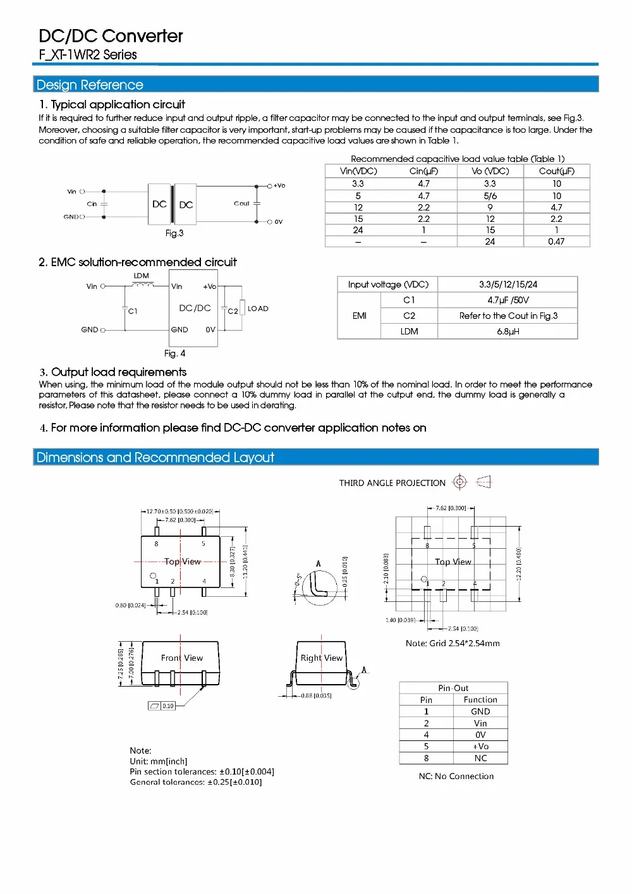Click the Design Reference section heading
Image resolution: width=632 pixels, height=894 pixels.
pyautogui.click(x=90, y=85)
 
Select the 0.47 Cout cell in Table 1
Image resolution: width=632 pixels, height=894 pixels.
pyautogui.click(x=556, y=242)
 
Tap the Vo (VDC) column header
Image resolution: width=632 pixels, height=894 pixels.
pyautogui.click(x=490, y=171)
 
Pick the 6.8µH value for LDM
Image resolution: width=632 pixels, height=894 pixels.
pyautogui.click(x=507, y=331)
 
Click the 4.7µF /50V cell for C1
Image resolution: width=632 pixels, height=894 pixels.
pyautogui.click(x=507, y=300)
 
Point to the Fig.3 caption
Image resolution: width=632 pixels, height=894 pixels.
pyautogui.click(x=174, y=233)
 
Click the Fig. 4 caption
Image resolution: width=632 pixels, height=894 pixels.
pyautogui.click(x=174, y=353)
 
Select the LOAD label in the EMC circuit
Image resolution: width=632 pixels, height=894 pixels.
pyautogui.click(x=258, y=309)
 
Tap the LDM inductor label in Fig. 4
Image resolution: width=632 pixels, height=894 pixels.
pyautogui.click(x=142, y=276)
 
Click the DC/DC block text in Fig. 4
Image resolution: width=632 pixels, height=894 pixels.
pyautogui.click(x=195, y=308)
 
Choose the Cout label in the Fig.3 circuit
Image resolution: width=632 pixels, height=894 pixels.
pyautogui.click(x=241, y=204)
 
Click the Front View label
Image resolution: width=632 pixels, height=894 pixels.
pyautogui.click(x=182, y=658)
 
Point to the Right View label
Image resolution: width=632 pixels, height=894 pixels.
pyautogui.click(x=322, y=658)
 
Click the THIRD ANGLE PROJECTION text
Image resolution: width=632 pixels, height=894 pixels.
pyautogui.click(x=392, y=483)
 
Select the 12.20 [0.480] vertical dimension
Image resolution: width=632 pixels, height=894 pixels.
pyautogui.click(x=519, y=564)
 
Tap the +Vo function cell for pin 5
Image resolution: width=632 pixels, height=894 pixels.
pyautogui.click(x=480, y=747)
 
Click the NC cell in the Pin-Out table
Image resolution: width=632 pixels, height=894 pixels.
pyautogui.click(x=480, y=758)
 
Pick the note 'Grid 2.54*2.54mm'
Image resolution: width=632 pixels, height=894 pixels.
pyautogui.click(x=453, y=644)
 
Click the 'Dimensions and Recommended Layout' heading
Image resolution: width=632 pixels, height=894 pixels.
pyautogui.click(x=155, y=457)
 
